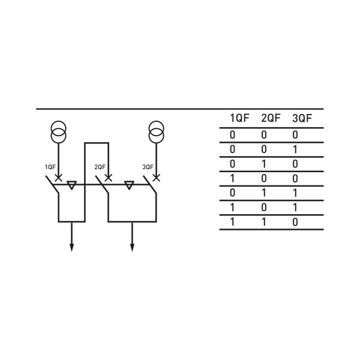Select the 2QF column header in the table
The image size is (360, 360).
coord(271,118)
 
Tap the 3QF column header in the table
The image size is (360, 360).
coord(302,118)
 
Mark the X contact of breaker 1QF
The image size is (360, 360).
coord(58,178)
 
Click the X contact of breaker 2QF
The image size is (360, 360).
coord(108,178)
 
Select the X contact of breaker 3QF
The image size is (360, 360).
coord(156,178)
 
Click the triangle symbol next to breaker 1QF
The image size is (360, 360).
coord(71,185)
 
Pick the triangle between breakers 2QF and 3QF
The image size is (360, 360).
coord(128,185)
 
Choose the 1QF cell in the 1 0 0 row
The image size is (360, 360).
coord(233,178)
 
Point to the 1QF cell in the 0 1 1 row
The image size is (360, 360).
coord(233,193)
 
